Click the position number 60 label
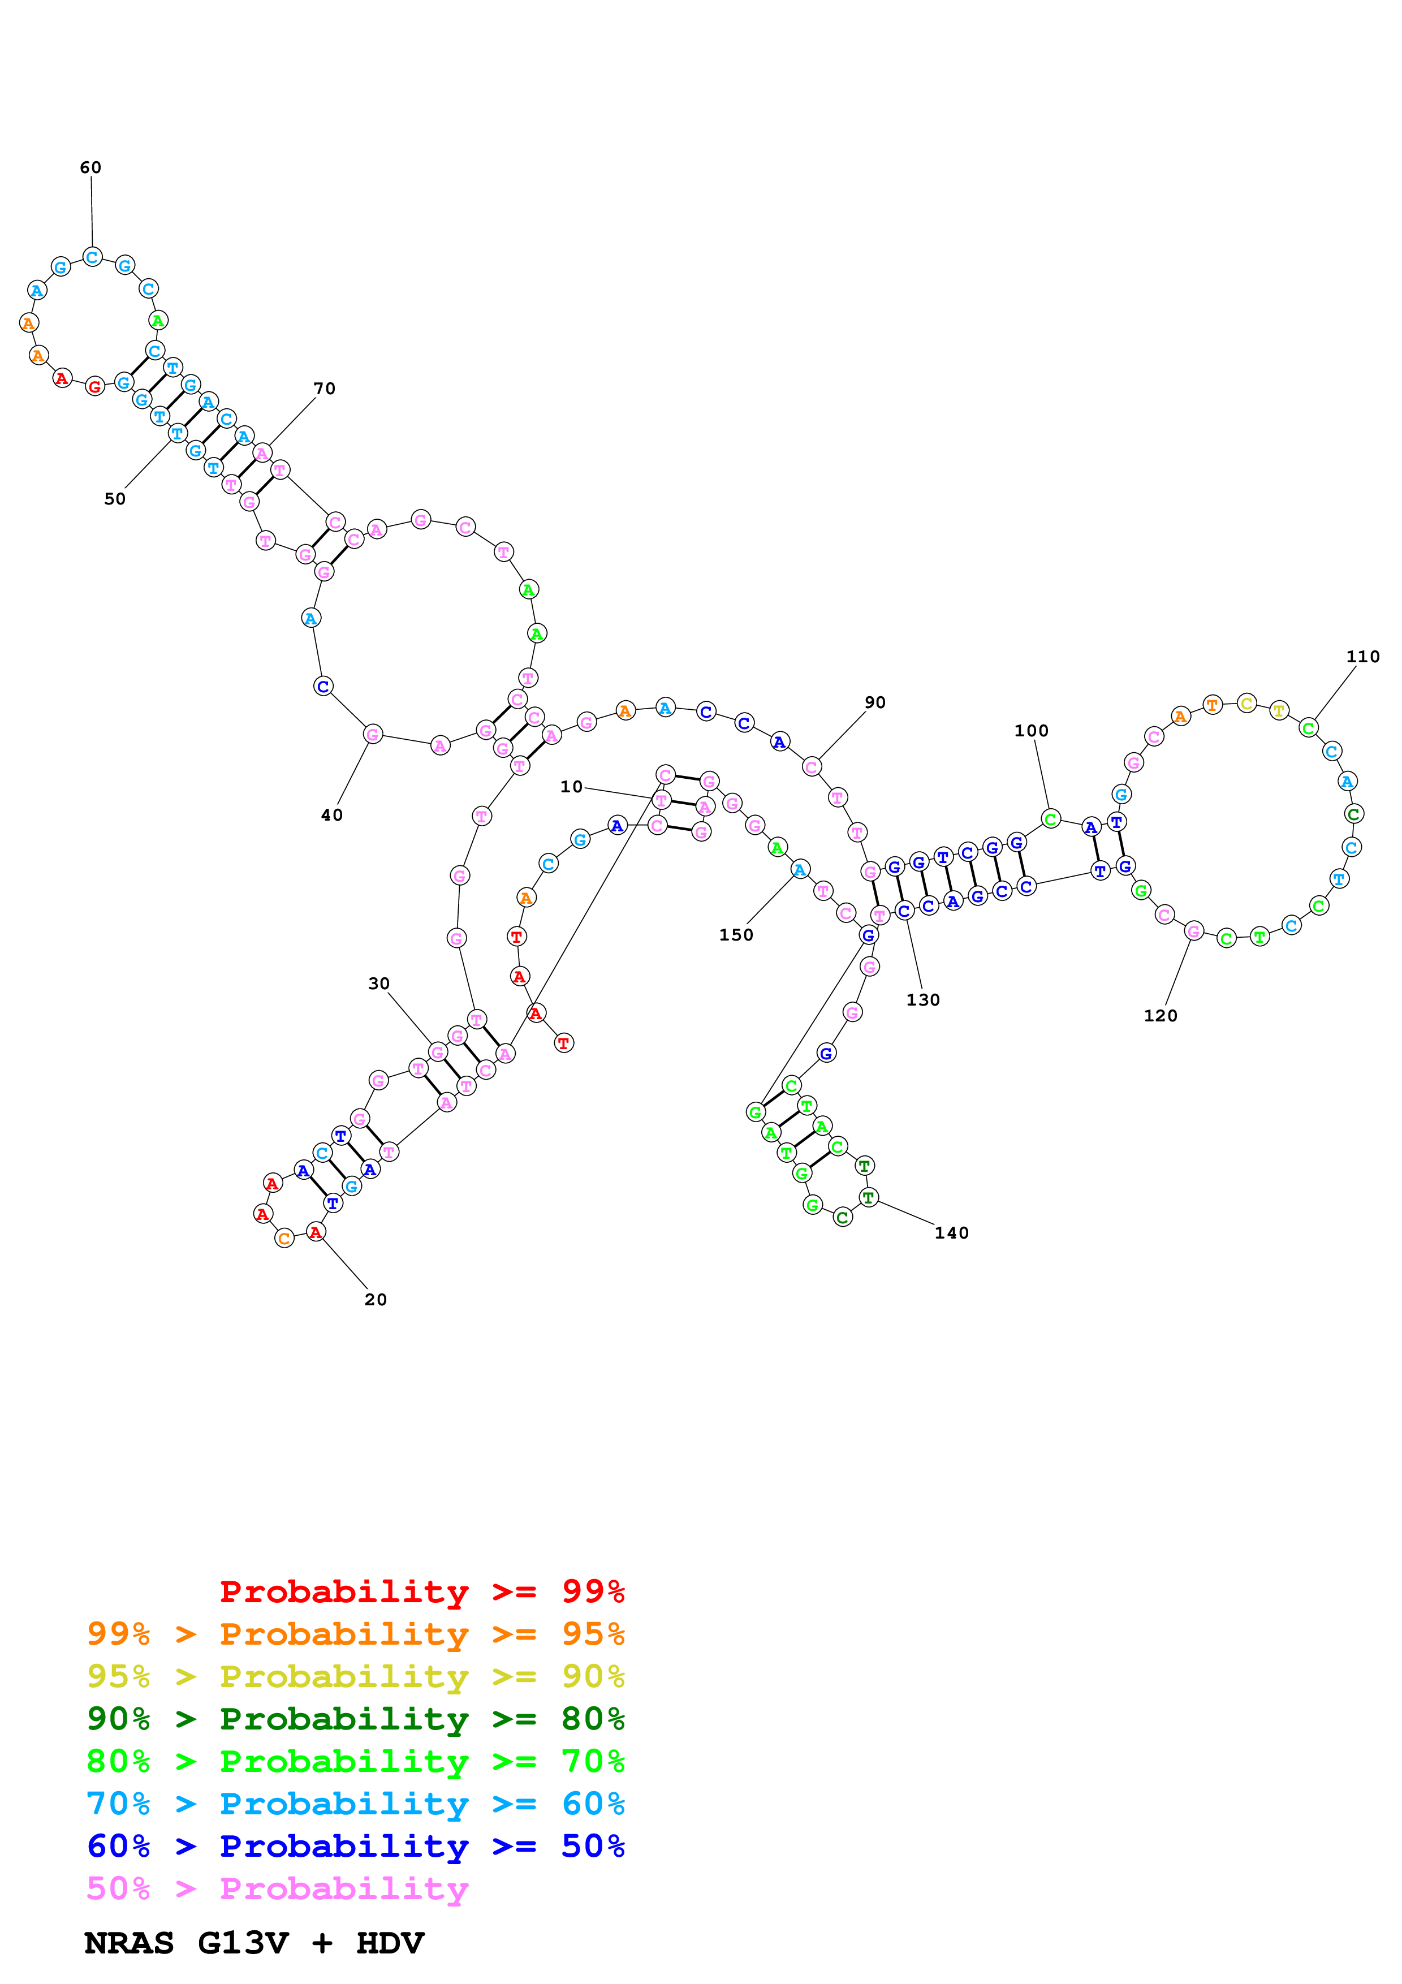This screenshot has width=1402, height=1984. tap(90, 167)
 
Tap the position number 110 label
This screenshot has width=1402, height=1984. tap(1362, 657)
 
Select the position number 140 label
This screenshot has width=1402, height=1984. tap(951, 1233)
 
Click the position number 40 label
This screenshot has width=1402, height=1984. tap(332, 815)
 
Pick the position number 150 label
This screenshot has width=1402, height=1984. tap(736, 935)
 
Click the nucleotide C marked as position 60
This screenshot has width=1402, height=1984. tap(92, 257)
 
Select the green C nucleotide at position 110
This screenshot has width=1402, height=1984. tap(1309, 728)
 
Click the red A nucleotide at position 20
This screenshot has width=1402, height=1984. tap(316, 1232)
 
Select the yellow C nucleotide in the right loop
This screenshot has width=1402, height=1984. tap(1246, 704)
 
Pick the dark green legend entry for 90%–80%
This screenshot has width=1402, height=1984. tap(356, 1719)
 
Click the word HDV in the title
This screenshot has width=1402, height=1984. tap(390, 1943)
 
